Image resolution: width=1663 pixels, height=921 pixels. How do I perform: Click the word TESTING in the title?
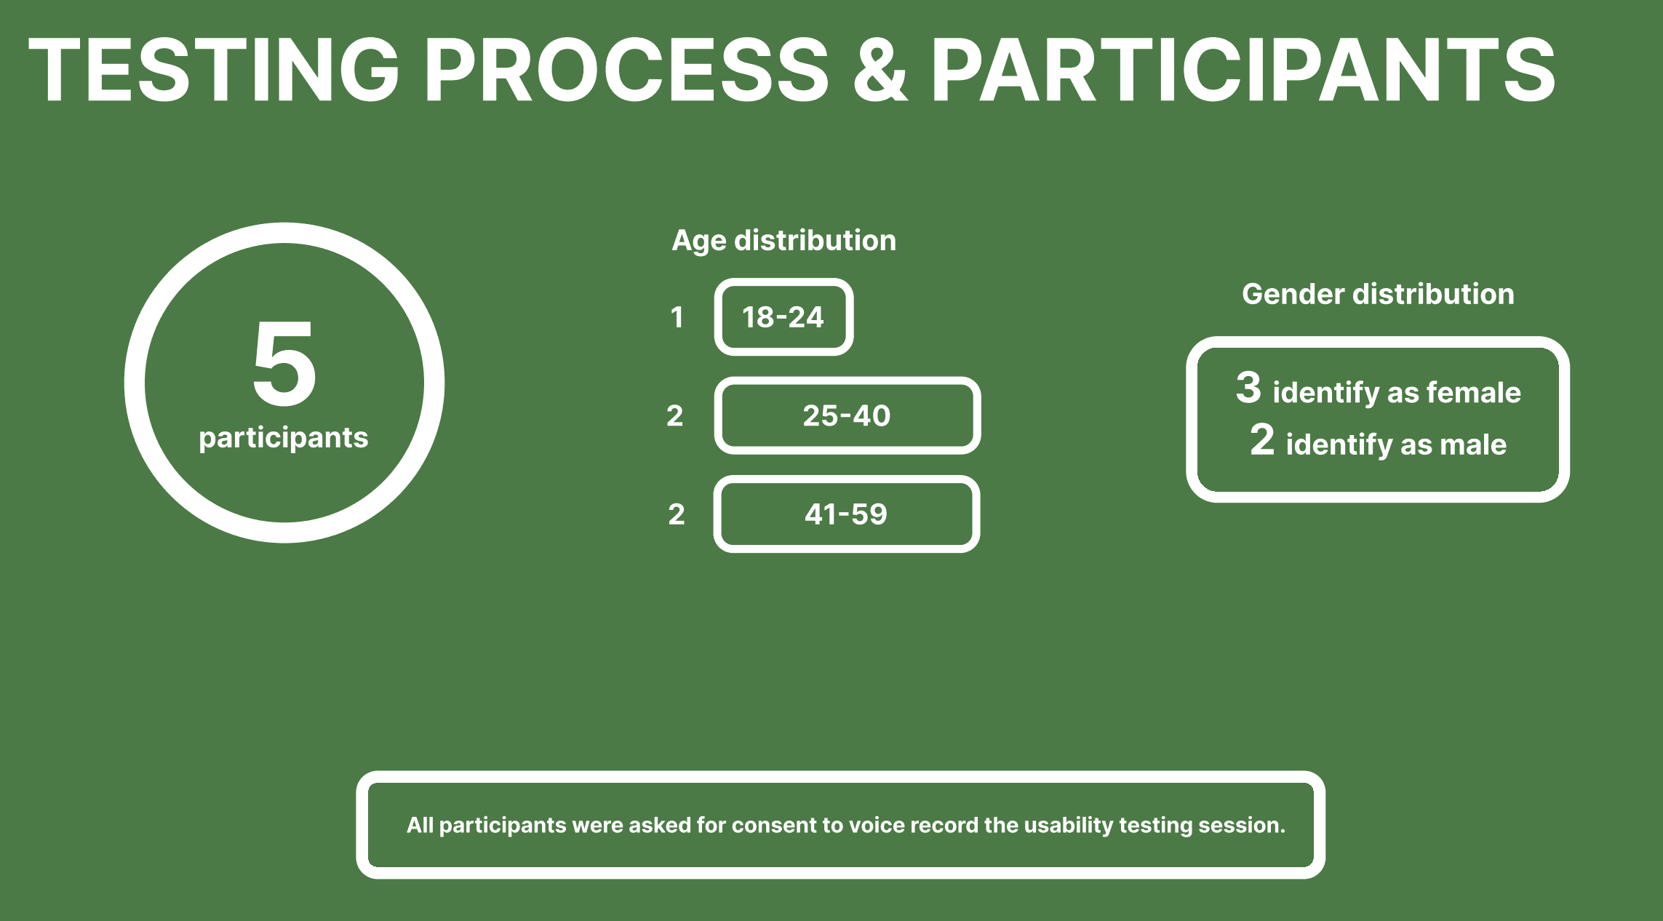[x=214, y=70]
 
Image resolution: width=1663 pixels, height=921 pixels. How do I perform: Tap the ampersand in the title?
[x=880, y=70]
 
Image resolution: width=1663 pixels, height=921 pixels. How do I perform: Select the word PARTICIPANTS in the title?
[x=1243, y=70]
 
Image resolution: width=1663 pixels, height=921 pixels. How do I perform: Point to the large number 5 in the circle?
[x=284, y=363]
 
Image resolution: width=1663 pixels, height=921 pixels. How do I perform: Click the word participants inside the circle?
[x=284, y=438]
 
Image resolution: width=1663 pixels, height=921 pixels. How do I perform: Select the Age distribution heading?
[x=783, y=241]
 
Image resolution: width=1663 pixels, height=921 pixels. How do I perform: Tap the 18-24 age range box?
[x=783, y=317]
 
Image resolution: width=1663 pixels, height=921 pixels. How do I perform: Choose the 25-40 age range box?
[x=847, y=415]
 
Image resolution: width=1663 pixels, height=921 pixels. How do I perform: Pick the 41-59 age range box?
[x=846, y=514]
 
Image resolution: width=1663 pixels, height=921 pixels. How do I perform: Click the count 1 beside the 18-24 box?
[x=677, y=317]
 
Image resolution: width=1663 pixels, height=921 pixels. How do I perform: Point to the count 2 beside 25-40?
[x=675, y=415]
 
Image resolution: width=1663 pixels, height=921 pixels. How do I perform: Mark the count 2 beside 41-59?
[x=677, y=514]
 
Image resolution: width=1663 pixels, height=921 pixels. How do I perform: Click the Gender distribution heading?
[x=1378, y=295]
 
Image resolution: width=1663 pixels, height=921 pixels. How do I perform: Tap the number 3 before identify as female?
[x=1248, y=387]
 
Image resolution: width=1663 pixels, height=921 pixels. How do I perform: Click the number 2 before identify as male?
[x=1262, y=439]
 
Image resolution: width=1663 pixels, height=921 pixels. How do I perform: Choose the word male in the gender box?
[x=1475, y=444]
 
